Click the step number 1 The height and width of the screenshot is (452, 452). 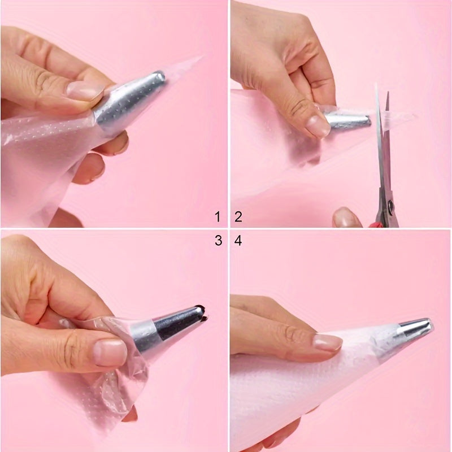coord(218,216)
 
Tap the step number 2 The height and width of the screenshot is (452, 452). coord(238,216)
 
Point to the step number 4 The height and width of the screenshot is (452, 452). coord(238,241)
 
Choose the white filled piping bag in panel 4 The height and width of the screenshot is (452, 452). coord(294,390)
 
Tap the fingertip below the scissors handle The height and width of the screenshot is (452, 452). coord(346,218)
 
